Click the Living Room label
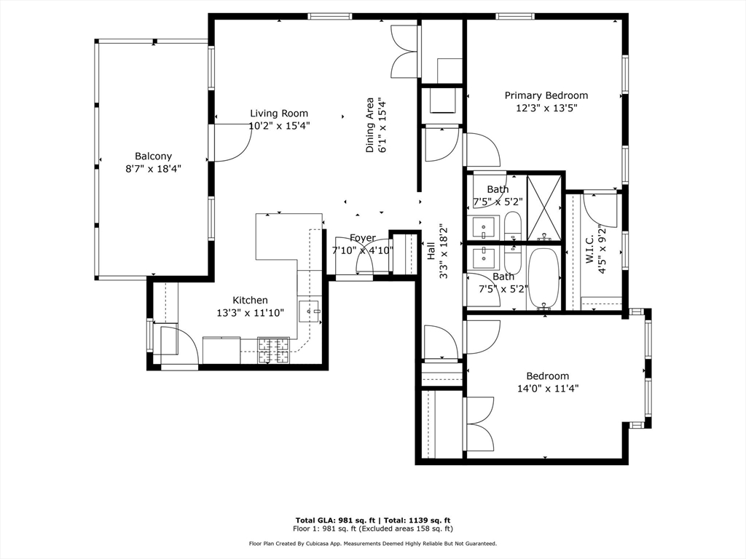[279, 113]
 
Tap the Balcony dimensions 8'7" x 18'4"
[153, 168]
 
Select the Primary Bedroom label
[546, 95]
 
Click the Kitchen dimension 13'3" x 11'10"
[250, 313]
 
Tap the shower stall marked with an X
[543, 207]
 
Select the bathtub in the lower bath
[543, 278]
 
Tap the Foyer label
[363, 238]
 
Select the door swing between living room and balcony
[231, 143]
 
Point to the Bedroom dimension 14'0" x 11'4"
[547, 389]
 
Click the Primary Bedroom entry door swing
[482, 150]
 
